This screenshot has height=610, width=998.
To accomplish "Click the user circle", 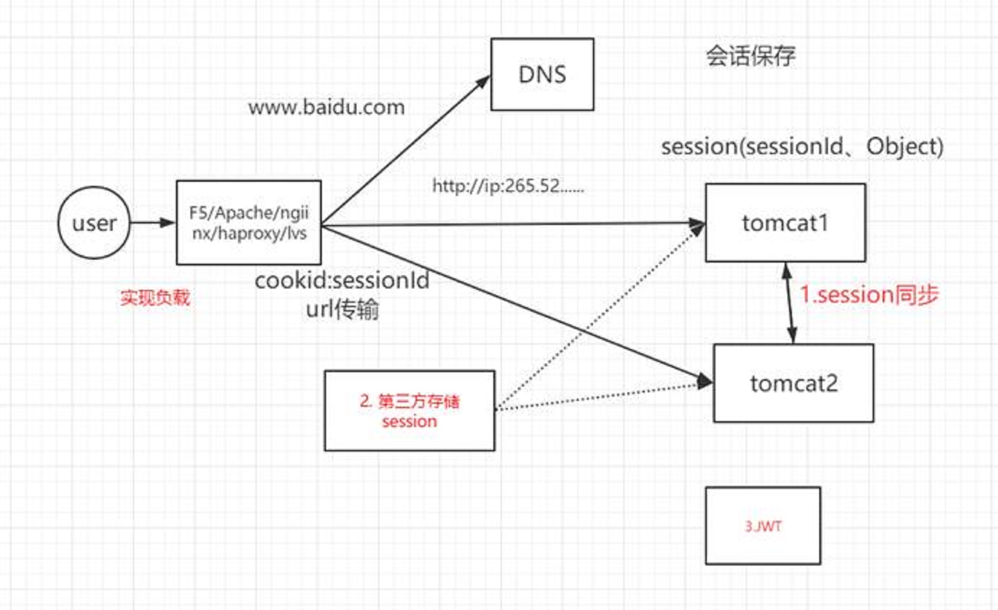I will [94, 223].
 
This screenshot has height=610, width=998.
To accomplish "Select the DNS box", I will [542, 74].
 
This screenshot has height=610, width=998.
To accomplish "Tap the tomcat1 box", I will [785, 223].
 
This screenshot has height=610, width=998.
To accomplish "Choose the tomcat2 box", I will [793, 383].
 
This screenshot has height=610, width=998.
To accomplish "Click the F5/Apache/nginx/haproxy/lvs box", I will [249, 223].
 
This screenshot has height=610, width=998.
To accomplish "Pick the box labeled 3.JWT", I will [763, 526].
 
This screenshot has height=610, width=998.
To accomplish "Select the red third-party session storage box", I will [410, 411].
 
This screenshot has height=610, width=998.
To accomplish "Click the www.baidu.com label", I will [327, 107].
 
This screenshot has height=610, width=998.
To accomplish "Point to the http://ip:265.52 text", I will [508, 186].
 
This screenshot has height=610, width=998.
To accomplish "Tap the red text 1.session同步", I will [869, 295].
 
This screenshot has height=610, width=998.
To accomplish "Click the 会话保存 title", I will [751, 56].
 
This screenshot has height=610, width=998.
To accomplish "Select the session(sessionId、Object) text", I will [802, 147].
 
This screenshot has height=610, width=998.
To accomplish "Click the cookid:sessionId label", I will [342, 281].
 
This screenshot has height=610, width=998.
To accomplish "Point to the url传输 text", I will [342, 310].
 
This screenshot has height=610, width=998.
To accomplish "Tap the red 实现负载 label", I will [155, 298].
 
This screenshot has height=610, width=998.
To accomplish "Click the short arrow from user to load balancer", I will [153, 223].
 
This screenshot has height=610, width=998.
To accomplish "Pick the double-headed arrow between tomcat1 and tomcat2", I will [790, 304].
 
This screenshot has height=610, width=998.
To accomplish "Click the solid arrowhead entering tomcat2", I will [704, 380].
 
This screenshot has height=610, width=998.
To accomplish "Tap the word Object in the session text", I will [904, 147].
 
